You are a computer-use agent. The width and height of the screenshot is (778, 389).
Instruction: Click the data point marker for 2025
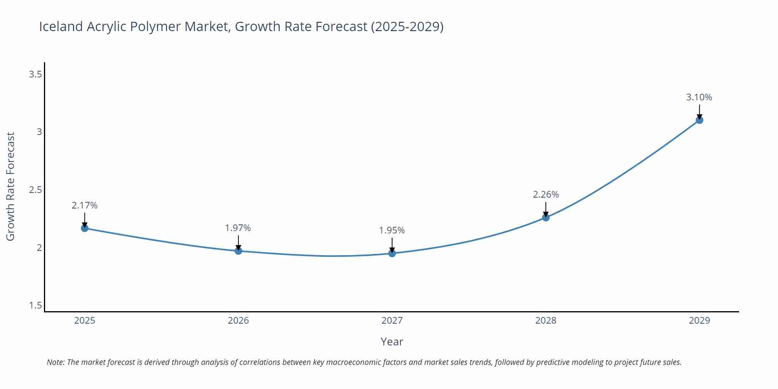[x=84, y=228]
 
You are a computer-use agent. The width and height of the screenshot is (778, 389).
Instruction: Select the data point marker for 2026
[x=238, y=251]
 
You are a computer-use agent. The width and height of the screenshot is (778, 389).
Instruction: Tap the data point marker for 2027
[x=392, y=253]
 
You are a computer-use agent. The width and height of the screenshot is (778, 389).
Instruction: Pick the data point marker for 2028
[x=546, y=217]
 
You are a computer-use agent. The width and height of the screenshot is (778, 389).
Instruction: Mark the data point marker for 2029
[x=699, y=120]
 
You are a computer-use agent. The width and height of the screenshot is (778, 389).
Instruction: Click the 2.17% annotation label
[x=84, y=205]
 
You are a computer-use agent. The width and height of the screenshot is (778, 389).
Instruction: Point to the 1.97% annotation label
[x=238, y=228]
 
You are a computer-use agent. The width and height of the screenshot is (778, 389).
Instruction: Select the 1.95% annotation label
[x=392, y=230]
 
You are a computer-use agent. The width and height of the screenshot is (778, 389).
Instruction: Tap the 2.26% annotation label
[x=546, y=194]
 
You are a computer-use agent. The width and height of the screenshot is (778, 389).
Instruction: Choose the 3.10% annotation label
[x=699, y=97]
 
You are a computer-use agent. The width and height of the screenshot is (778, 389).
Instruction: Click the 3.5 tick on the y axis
[x=35, y=74]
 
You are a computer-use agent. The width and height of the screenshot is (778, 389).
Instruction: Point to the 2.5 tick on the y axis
[x=35, y=190]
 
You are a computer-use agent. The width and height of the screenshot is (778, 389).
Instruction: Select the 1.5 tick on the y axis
[x=35, y=305]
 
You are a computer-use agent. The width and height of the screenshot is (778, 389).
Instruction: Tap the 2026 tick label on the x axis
[x=238, y=321]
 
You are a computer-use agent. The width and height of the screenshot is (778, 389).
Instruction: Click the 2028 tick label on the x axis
[x=546, y=321]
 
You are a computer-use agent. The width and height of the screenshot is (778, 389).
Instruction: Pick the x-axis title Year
[x=392, y=342]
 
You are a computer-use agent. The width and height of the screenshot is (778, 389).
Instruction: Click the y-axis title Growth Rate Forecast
[x=11, y=187]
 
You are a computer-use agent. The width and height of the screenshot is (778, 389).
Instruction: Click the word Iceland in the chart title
[x=61, y=26]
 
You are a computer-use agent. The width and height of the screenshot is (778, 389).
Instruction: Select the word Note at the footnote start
[x=56, y=362]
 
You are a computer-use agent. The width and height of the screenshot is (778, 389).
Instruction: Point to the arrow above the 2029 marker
[x=699, y=112]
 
